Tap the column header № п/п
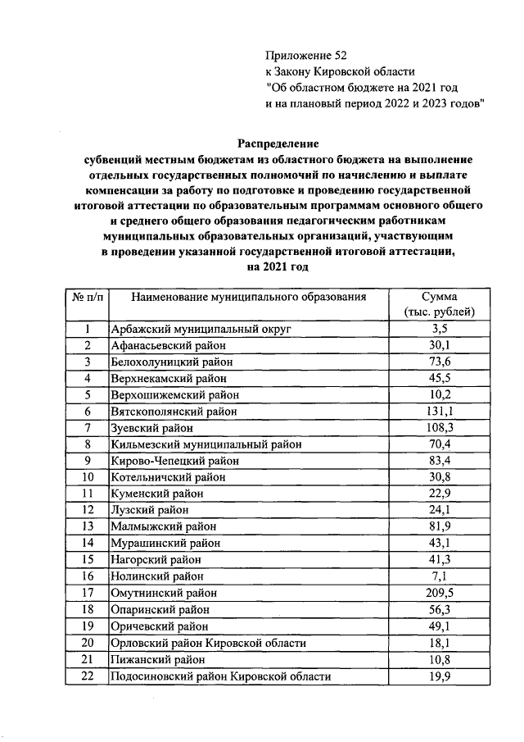[x=86, y=297]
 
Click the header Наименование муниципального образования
[x=248, y=297]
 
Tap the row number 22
[x=86, y=676]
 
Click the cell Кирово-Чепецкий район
[x=174, y=461]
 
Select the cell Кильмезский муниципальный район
[x=206, y=444]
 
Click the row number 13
[x=86, y=526]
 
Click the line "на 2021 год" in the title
[x=278, y=267]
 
